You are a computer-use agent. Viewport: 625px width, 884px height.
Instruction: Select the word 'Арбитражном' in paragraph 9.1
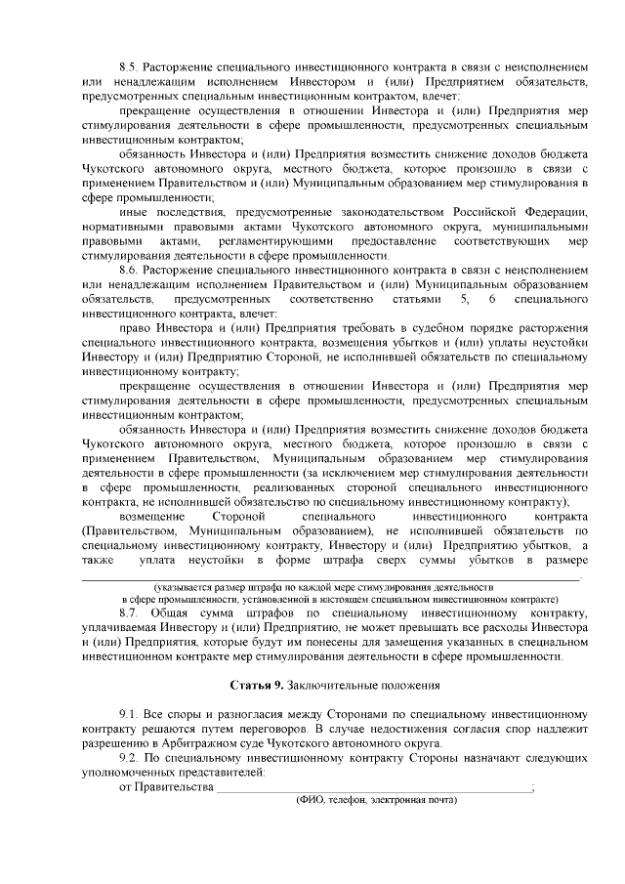pos(187,742)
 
